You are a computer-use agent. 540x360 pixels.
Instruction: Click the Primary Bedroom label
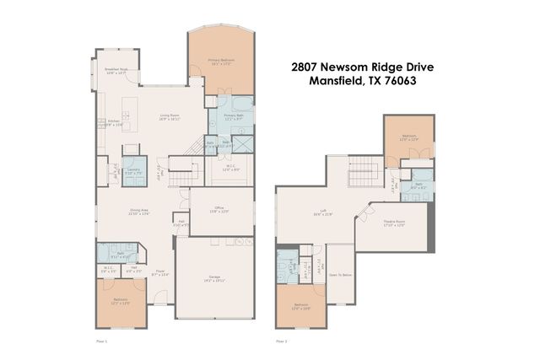click(x=222, y=62)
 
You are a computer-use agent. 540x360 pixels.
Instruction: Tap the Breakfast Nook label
click(x=116, y=71)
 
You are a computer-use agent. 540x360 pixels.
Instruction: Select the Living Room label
click(x=170, y=116)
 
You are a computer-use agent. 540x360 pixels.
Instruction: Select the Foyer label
click(x=160, y=273)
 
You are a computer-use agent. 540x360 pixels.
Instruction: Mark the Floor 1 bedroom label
click(x=121, y=302)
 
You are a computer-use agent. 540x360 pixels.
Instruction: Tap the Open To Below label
click(x=340, y=274)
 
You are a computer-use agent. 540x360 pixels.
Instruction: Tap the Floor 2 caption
click(x=282, y=341)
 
